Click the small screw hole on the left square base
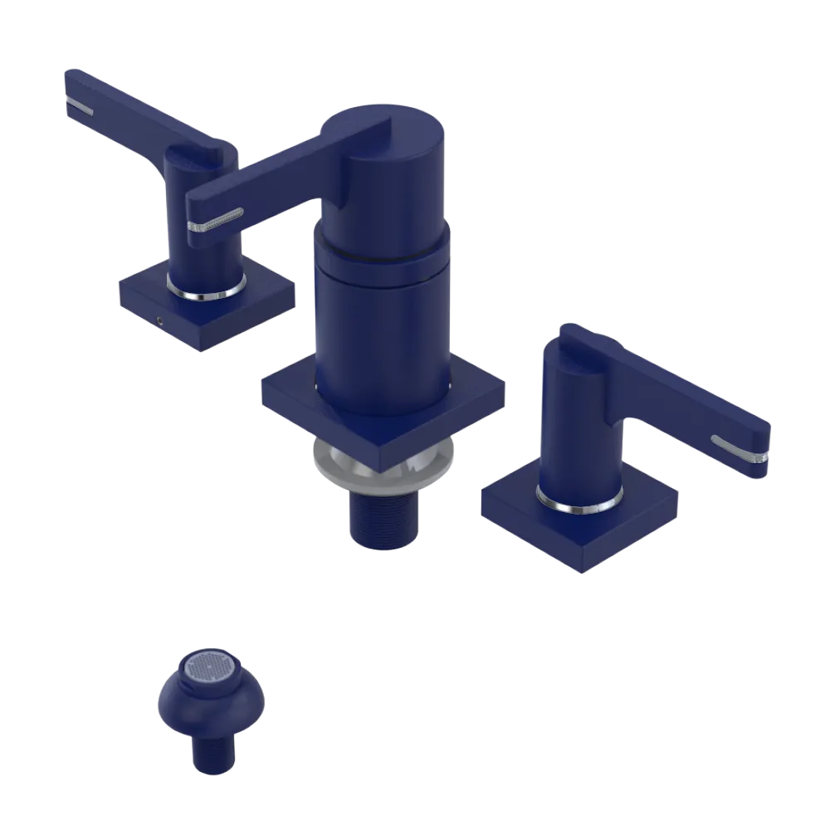tap(158, 318)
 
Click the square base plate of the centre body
tap(286, 400)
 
